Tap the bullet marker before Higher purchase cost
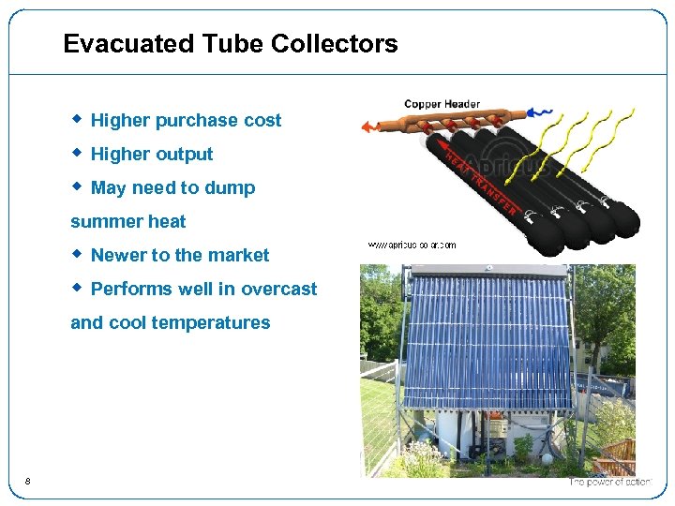tap(78, 119)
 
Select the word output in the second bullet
tap(184, 155)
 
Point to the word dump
tap(230, 188)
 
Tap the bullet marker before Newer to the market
tap(78, 254)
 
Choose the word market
tap(238, 256)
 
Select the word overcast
tap(278, 290)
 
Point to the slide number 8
tap(28, 482)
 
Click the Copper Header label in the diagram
tap(442, 104)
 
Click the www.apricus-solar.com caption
tap(412, 246)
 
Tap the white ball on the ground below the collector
tap(547, 460)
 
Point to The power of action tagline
tap(609, 482)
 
